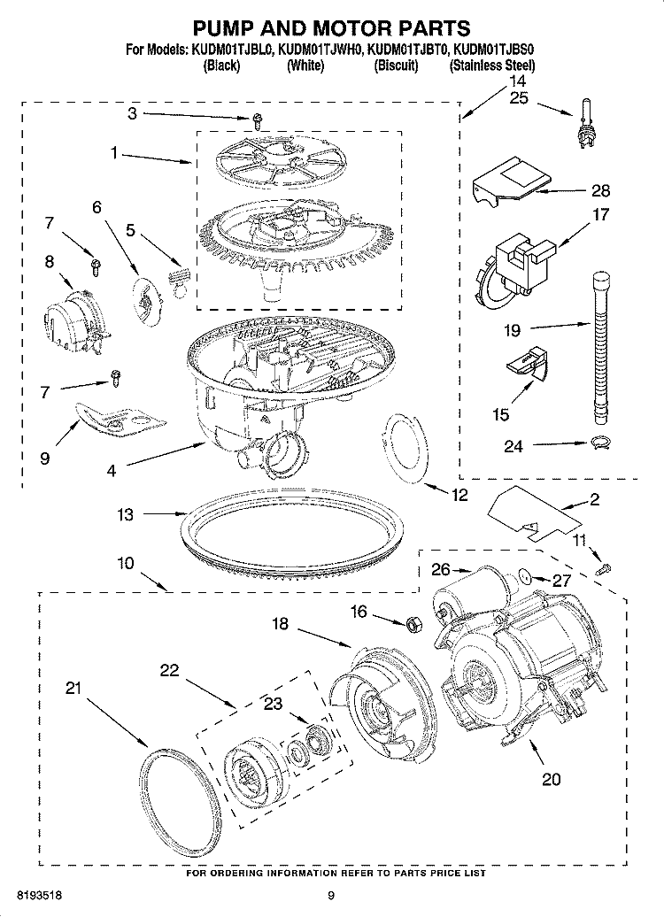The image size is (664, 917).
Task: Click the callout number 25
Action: tap(519, 98)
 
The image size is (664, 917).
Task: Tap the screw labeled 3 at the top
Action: tap(258, 120)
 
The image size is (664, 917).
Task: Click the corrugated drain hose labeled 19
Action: tap(601, 345)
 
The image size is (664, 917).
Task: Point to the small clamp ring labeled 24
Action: tap(599, 443)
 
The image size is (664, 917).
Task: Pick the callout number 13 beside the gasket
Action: tap(127, 514)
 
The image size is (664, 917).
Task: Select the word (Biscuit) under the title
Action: tap(396, 66)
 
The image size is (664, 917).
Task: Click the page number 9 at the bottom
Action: tap(331, 896)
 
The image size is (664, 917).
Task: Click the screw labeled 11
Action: tap(604, 568)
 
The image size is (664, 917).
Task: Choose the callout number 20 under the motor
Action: tap(551, 780)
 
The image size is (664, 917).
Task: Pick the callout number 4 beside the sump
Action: tap(111, 471)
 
